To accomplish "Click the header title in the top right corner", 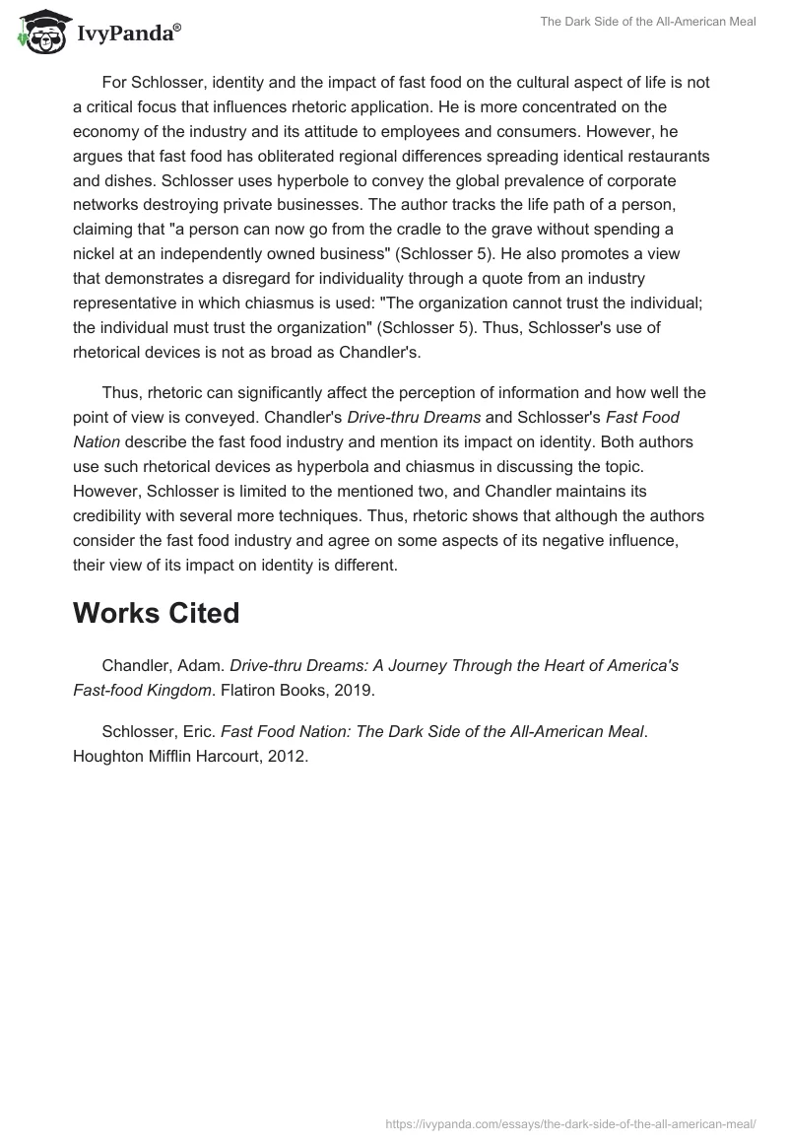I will coord(648,22).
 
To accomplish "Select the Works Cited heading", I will coord(156,613).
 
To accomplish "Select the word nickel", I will coord(97,254).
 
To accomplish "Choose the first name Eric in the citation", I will coord(197,731).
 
